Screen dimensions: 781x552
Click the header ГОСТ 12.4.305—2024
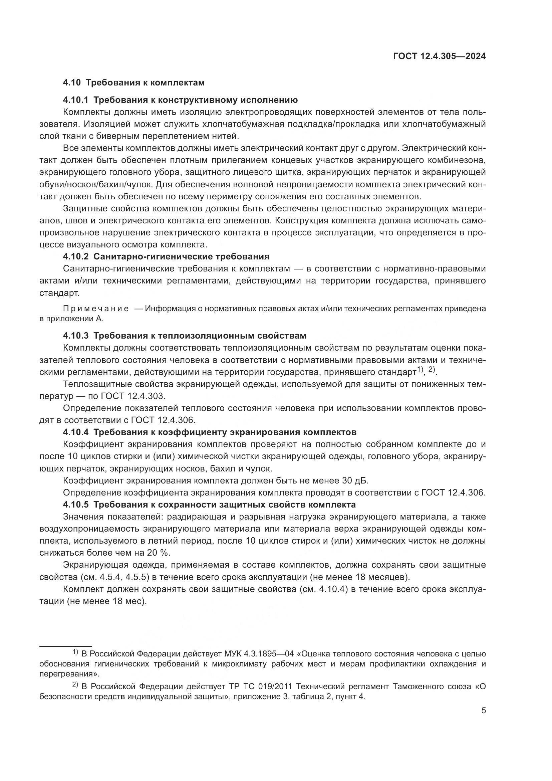(x=439, y=56)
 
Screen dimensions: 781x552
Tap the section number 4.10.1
(x=75, y=100)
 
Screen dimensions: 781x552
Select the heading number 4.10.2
(x=75, y=256)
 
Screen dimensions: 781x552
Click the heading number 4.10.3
(x=75, y=336)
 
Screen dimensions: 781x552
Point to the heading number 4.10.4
(x=75, y=432)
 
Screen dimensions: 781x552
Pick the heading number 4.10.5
(x=75, y=505)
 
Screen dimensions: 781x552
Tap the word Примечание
(x=96, y=309)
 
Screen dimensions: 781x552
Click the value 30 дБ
(x=354, y=480)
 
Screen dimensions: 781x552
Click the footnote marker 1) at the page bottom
(x=75, y=652)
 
